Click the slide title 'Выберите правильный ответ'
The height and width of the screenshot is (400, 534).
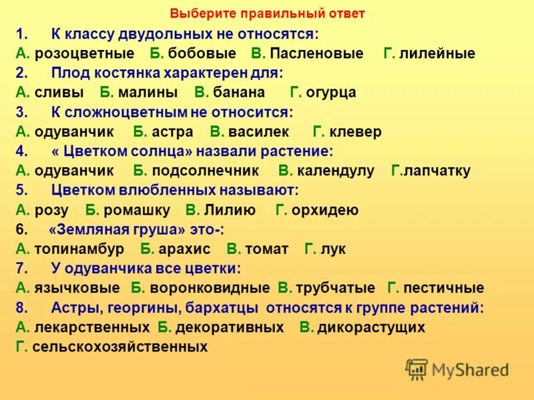267,13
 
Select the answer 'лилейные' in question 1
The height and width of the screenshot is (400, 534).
438,53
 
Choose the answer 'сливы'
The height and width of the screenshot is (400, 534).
59,93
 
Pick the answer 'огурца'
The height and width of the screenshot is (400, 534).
331,93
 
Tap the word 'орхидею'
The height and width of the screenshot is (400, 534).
326,211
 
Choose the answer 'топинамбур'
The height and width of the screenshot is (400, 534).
79,250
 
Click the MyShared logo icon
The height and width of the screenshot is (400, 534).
417,369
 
